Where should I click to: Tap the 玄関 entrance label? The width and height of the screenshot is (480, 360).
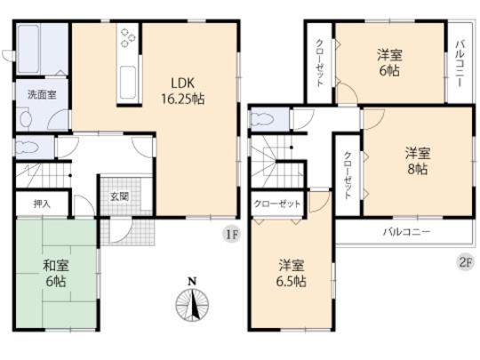[119, 197]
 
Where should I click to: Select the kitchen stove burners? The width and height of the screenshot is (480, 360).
[128, 39]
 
